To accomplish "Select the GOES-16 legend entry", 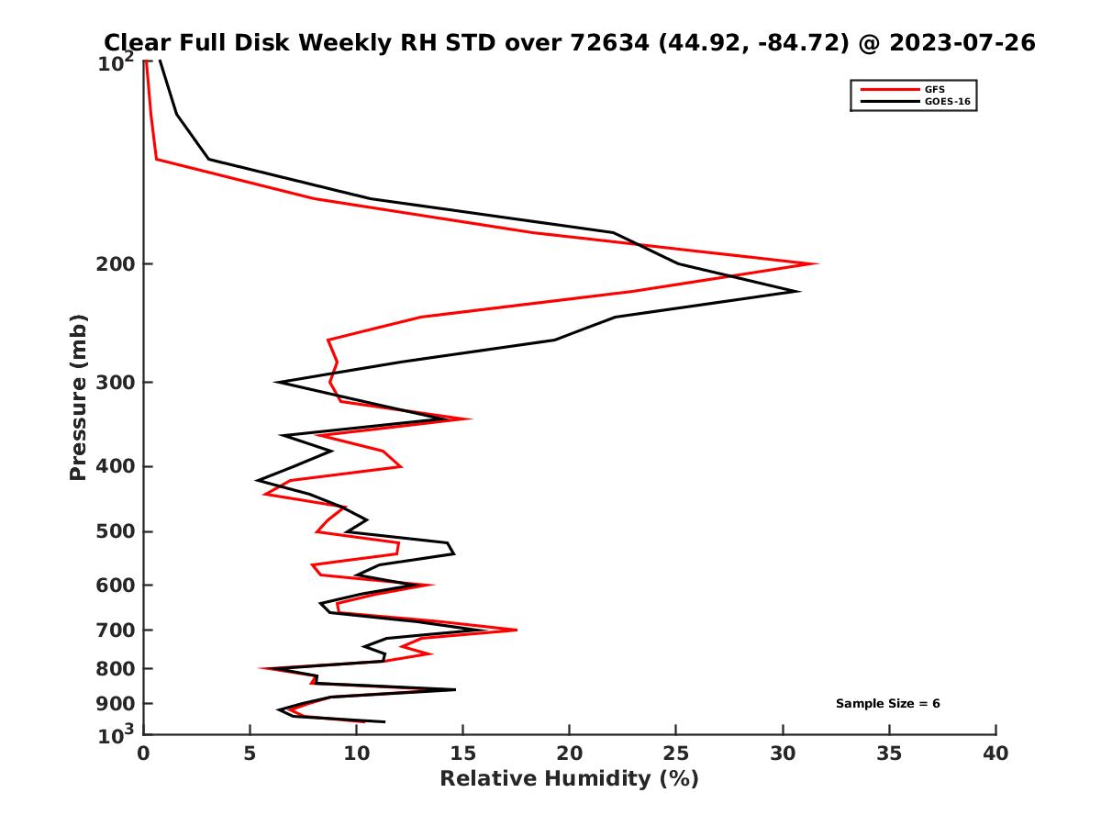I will point(949,101).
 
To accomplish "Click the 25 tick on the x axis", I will point(676,753).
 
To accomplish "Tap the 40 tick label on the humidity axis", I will point(995,753).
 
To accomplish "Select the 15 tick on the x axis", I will point(463,753).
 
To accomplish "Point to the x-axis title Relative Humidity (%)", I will point(569,779).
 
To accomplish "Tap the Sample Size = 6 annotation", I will point(887,704).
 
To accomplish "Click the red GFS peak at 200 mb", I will point(816,264).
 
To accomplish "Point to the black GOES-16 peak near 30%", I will point(798,292).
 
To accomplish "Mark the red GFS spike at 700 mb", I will point(517,630).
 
